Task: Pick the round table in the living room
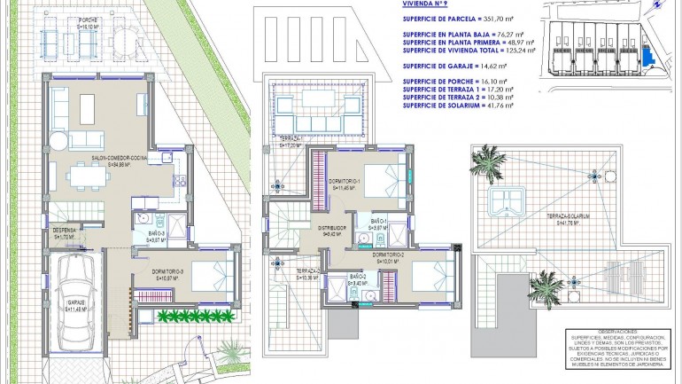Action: click(x=58, y=141)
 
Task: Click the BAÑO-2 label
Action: click(x=358, y=278)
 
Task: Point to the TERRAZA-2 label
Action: click(x=307, y=270)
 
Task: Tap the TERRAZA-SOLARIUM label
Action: click(x=568, y=216)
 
